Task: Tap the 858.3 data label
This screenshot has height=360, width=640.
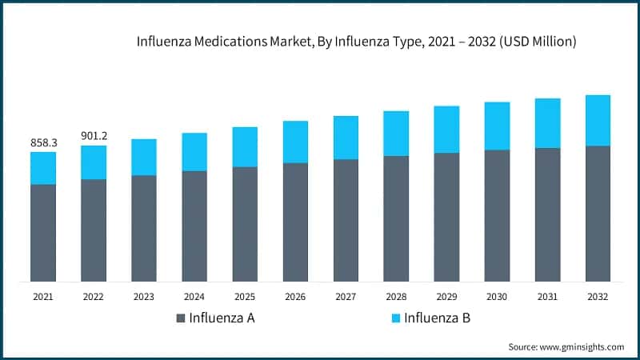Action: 43,142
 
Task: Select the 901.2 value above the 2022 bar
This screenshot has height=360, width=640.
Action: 94,135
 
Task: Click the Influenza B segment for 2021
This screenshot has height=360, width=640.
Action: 43,168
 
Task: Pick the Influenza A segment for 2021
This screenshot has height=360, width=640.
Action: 43,232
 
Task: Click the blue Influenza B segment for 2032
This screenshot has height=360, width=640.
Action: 598,120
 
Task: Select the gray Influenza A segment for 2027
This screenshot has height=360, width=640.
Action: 346,220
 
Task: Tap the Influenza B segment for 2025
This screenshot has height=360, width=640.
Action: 245,146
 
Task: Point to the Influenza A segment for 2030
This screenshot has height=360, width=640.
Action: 497,215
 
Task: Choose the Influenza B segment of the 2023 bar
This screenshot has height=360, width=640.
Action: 144,157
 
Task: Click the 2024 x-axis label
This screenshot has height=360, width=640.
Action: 194,296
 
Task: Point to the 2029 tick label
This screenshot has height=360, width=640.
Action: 446,296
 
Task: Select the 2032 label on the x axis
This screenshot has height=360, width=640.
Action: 598,296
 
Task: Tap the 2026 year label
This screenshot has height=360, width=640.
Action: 295,296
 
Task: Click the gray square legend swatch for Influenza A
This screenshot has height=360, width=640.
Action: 181,318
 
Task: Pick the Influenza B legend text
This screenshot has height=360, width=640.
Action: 437,318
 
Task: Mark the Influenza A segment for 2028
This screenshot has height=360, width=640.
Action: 396,218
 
